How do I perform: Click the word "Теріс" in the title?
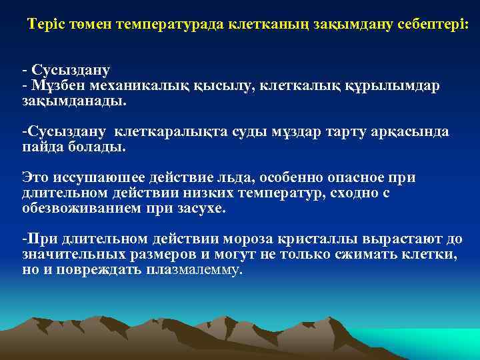click(45, 25)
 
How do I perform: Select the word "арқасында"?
click(411, 132)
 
